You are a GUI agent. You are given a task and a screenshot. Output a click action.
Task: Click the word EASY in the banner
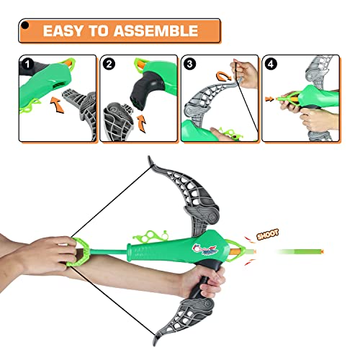(x=63, y=31)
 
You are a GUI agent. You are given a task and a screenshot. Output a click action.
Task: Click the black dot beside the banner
(x=25, y=28)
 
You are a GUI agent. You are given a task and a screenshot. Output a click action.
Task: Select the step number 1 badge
(x=26, y=63)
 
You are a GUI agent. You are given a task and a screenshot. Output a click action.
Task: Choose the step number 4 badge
(x=271, y=63)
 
